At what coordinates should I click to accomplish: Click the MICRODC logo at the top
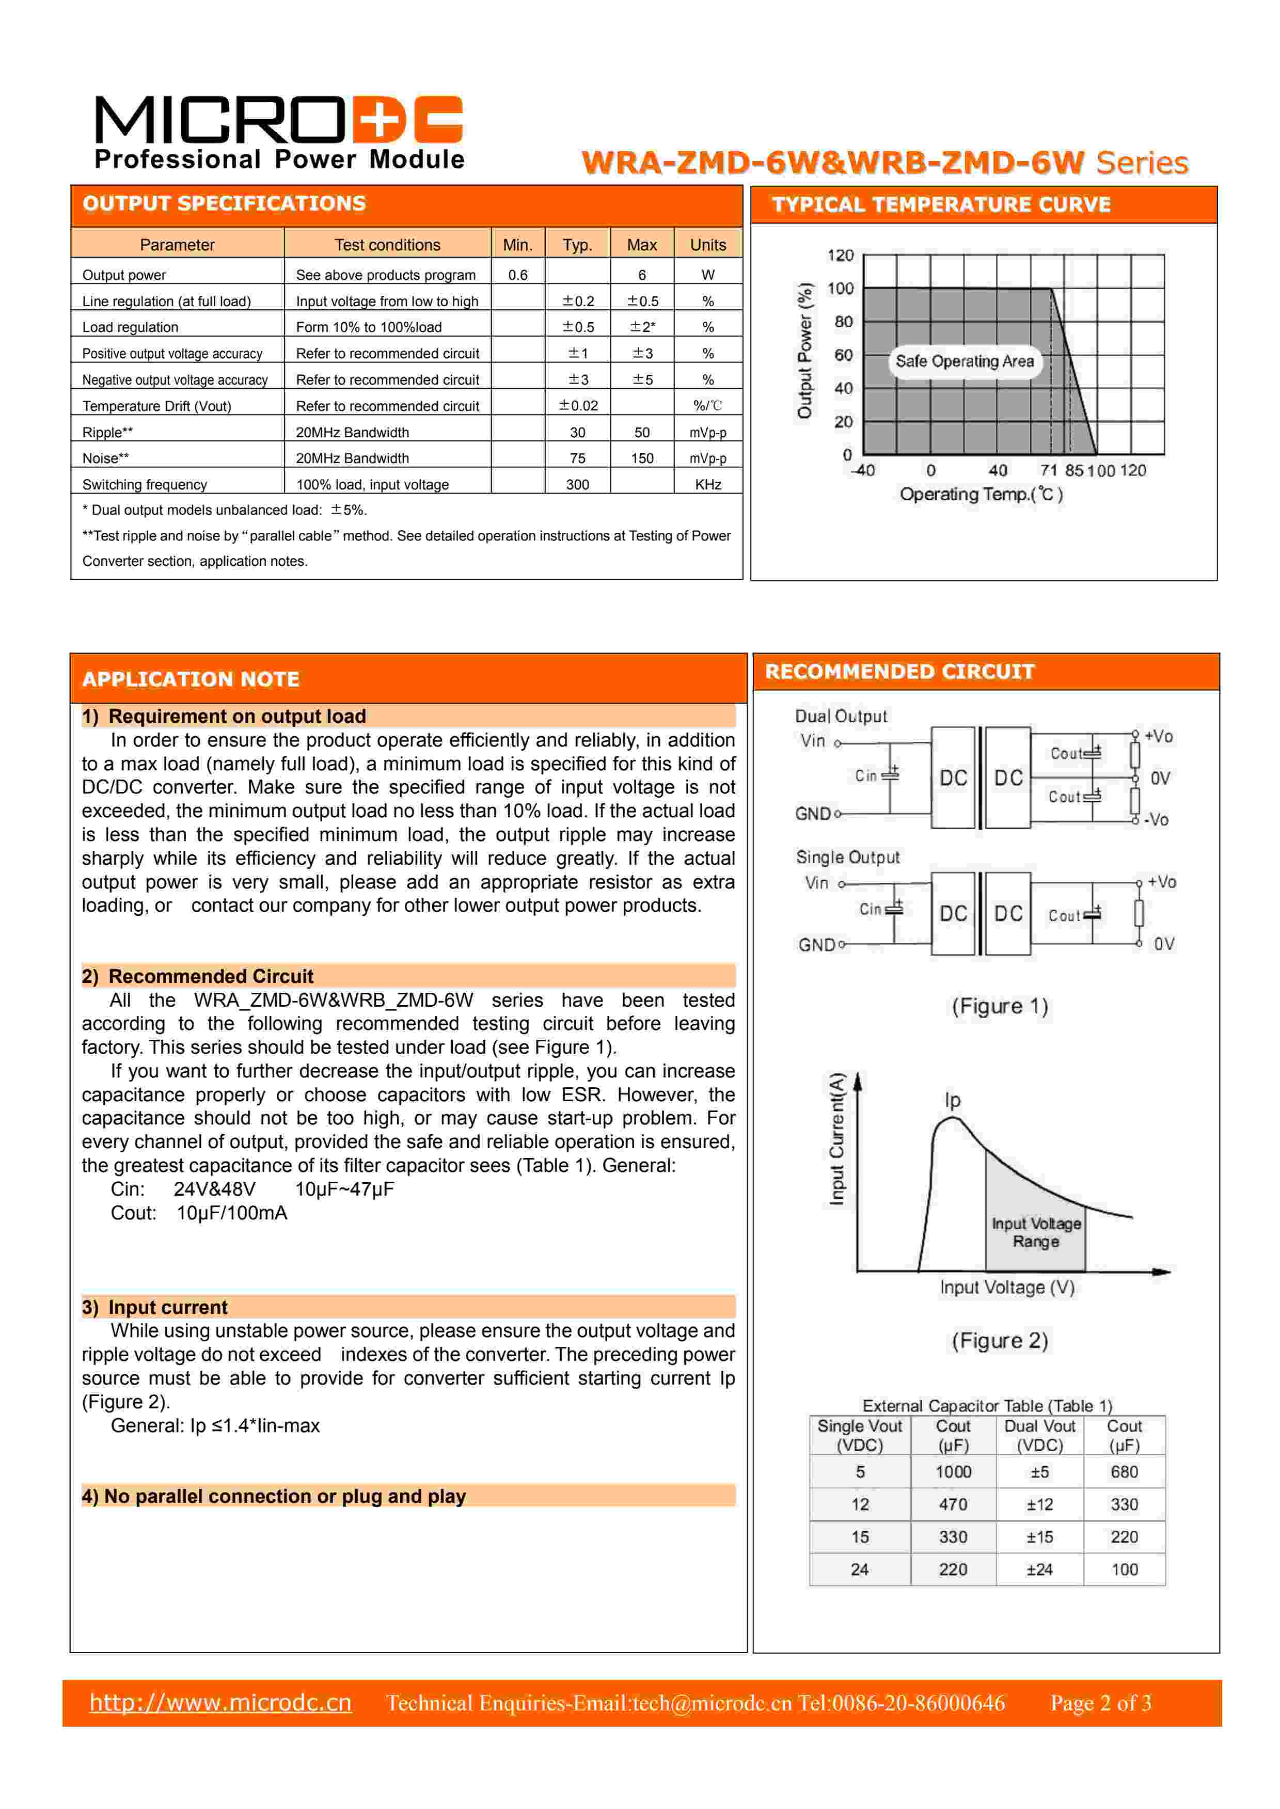[278, 132]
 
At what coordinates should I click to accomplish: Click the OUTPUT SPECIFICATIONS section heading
[224, 204]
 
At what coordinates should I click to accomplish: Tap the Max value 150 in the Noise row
[642, 458]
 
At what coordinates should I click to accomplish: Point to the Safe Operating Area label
[964, 361]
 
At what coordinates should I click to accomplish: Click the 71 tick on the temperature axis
[1048, 470]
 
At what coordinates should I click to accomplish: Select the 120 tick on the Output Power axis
[840, 255]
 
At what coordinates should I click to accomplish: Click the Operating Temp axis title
[981, 494]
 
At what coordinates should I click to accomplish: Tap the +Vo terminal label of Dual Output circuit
[1159, 737]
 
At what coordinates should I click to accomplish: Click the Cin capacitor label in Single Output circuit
[870, 909]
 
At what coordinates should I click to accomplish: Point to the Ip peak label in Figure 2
[952, 1100]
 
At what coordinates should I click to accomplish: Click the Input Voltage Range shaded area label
[1036, 1232]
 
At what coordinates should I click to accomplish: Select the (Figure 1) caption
[1000, 1006]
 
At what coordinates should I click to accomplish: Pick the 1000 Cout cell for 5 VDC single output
[953, 1472]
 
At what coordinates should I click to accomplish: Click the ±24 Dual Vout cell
[1039, 1569]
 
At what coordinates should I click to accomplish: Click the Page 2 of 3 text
[1100, 1703]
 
